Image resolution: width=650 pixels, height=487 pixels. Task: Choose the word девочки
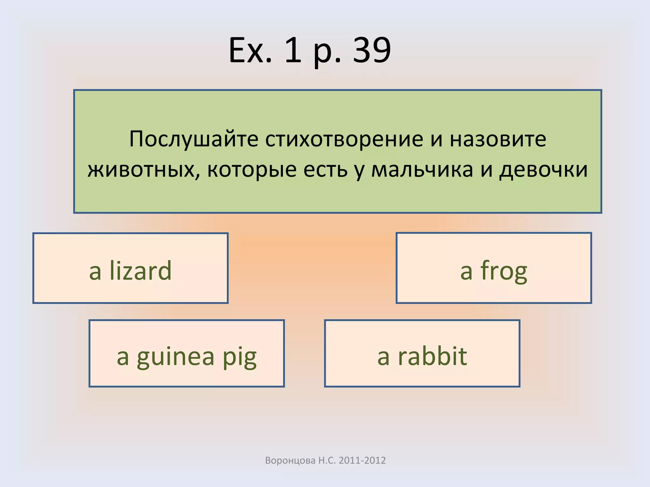click(543, 170)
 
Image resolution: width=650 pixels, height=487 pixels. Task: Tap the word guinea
click(176, 356)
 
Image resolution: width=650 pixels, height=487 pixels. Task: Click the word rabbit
click(432, 356)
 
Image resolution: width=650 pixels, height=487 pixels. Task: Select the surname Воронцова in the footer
click(290, 460)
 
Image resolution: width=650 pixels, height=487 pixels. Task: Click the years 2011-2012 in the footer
click(362, 460)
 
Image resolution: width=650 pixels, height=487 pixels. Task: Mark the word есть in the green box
click(325, 170)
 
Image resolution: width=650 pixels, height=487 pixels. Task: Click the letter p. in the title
click(324, 51)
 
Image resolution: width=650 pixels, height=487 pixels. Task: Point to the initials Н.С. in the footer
click(327, 460)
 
